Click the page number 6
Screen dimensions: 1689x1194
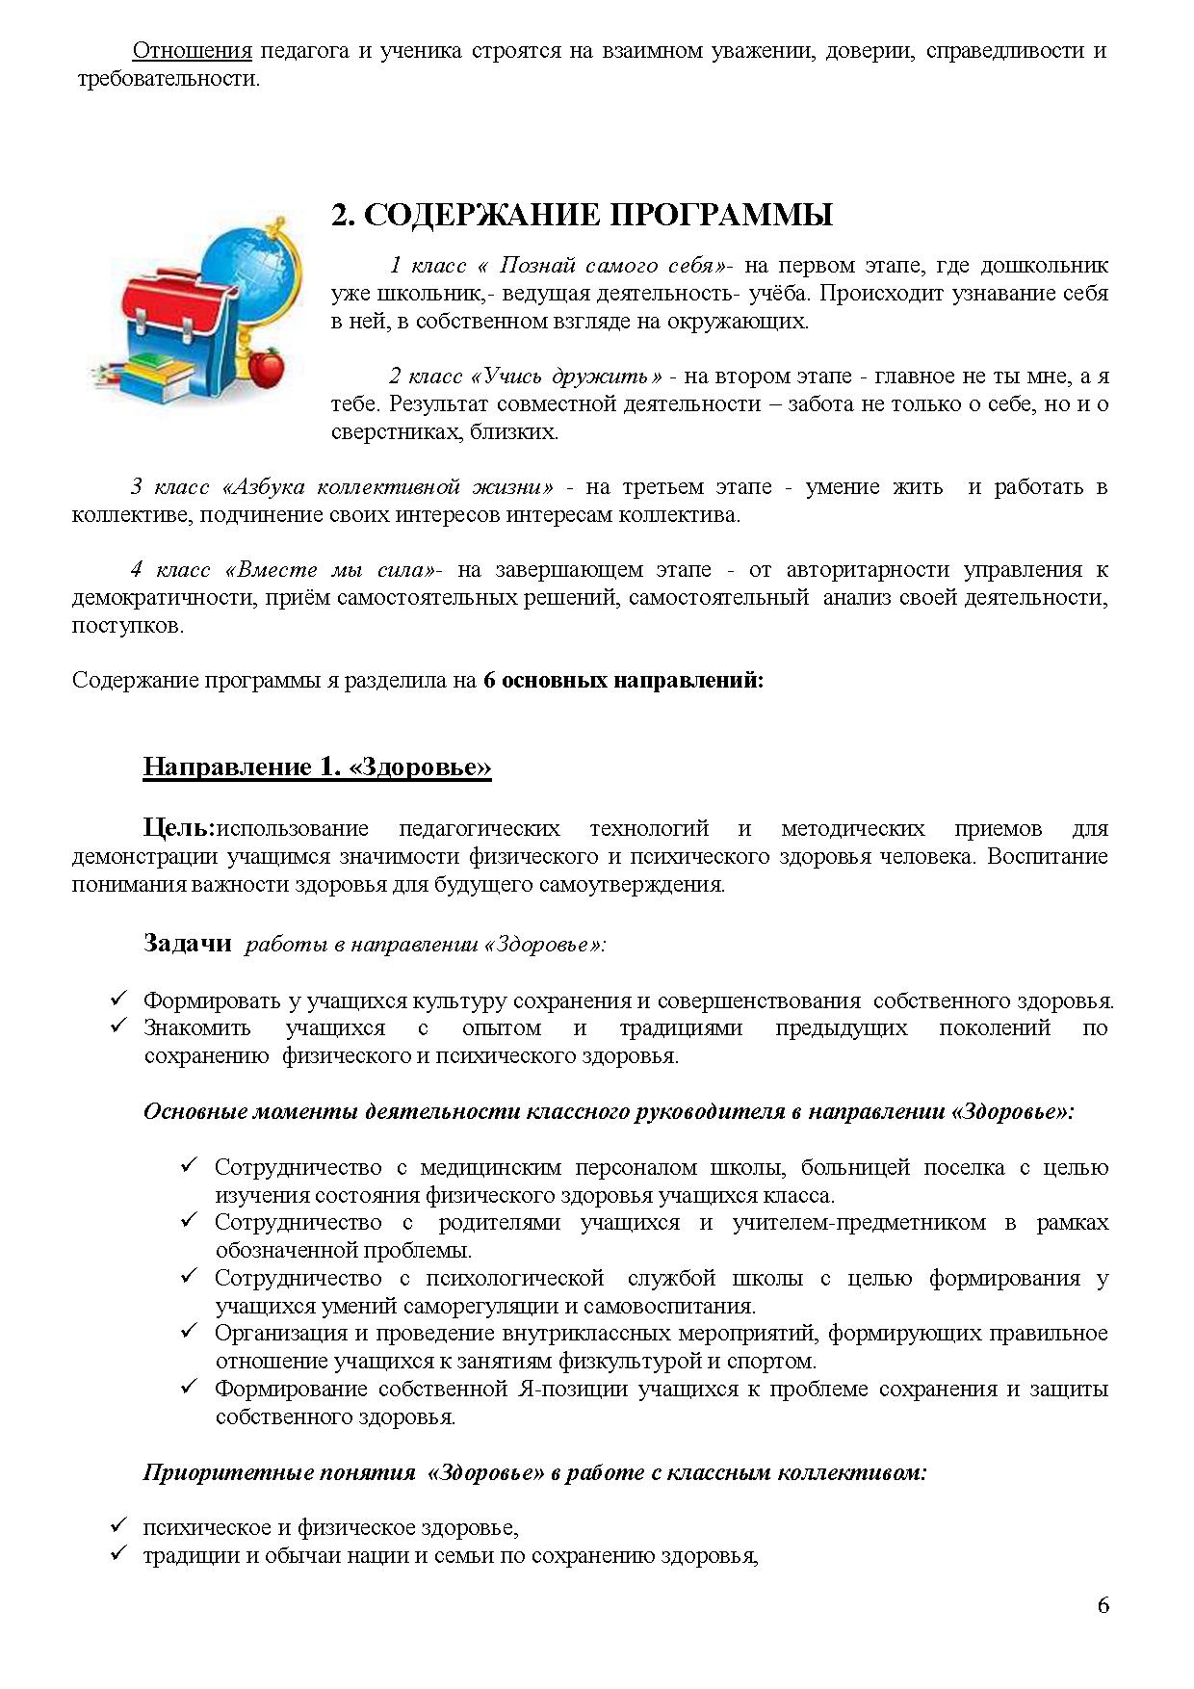tap(1103, 1604)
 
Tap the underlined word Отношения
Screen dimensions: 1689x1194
tap(192, 50)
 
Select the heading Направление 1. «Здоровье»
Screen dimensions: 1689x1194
tap(317, 767)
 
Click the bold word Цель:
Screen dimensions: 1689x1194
tap(178, 828)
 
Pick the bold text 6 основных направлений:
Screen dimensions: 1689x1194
tap(623, 680)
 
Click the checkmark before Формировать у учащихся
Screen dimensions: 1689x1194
tap(119, 999)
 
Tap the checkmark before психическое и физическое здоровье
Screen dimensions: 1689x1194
tap(119, 1525)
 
